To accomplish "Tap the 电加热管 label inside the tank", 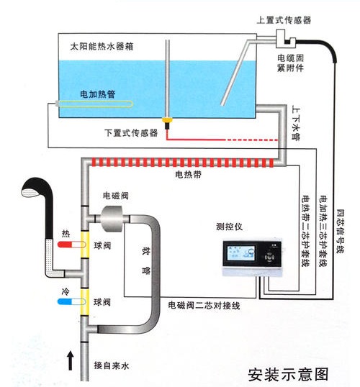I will (98, 94).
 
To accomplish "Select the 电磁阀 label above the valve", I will (115, 194).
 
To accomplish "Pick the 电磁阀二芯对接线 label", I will (204, 306).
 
